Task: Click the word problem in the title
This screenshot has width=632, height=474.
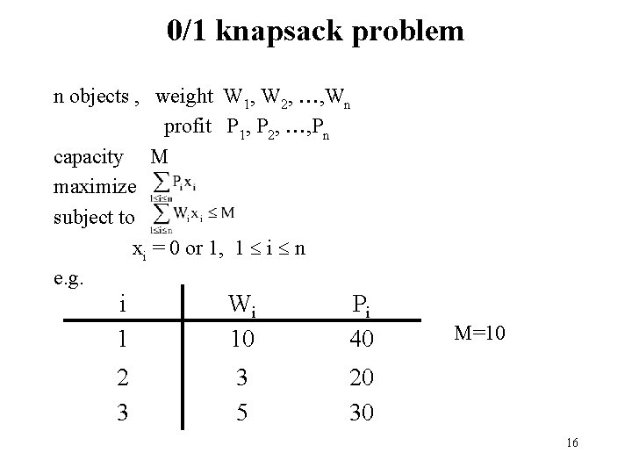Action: tap(416, 32)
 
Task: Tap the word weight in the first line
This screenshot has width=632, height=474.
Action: tap(184, 97)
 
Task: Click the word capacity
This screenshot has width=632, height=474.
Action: tap(89, 157)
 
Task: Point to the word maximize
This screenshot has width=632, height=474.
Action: tap(95, 187)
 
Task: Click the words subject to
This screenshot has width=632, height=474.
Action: tap(94, 217)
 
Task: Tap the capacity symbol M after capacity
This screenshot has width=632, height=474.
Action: tap(159, 157)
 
